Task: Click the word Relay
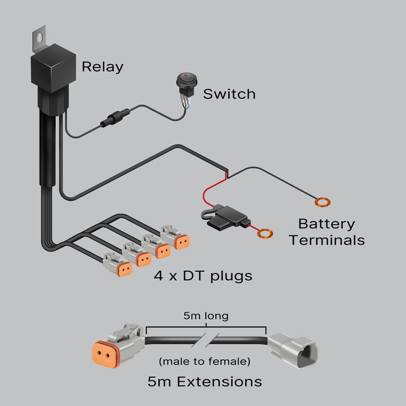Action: coord(102,67)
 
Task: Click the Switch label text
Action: coord(229,94)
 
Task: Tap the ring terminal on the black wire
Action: coord(323,202)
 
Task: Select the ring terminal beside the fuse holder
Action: coord(263,232)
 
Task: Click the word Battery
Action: coord(326,224)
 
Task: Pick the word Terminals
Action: coord(326,240)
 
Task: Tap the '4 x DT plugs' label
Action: coord(202,276)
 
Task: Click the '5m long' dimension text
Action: coord(206,316)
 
